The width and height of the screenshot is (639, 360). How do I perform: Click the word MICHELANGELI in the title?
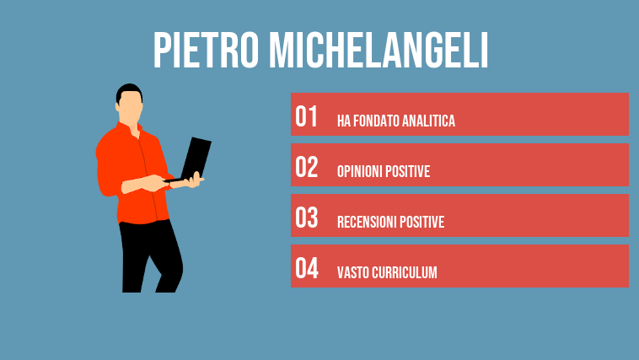(379, 51)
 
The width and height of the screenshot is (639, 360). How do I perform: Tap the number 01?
(306, 116)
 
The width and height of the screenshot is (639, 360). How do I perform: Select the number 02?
(306, 167)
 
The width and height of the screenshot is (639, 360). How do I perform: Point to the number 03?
(306, 218)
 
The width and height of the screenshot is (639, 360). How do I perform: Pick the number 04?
(306, 268)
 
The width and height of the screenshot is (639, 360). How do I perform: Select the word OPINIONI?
(362, 172)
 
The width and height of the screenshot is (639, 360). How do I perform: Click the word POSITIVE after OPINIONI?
(411, 172)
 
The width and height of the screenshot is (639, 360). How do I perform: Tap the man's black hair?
(127, 89)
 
